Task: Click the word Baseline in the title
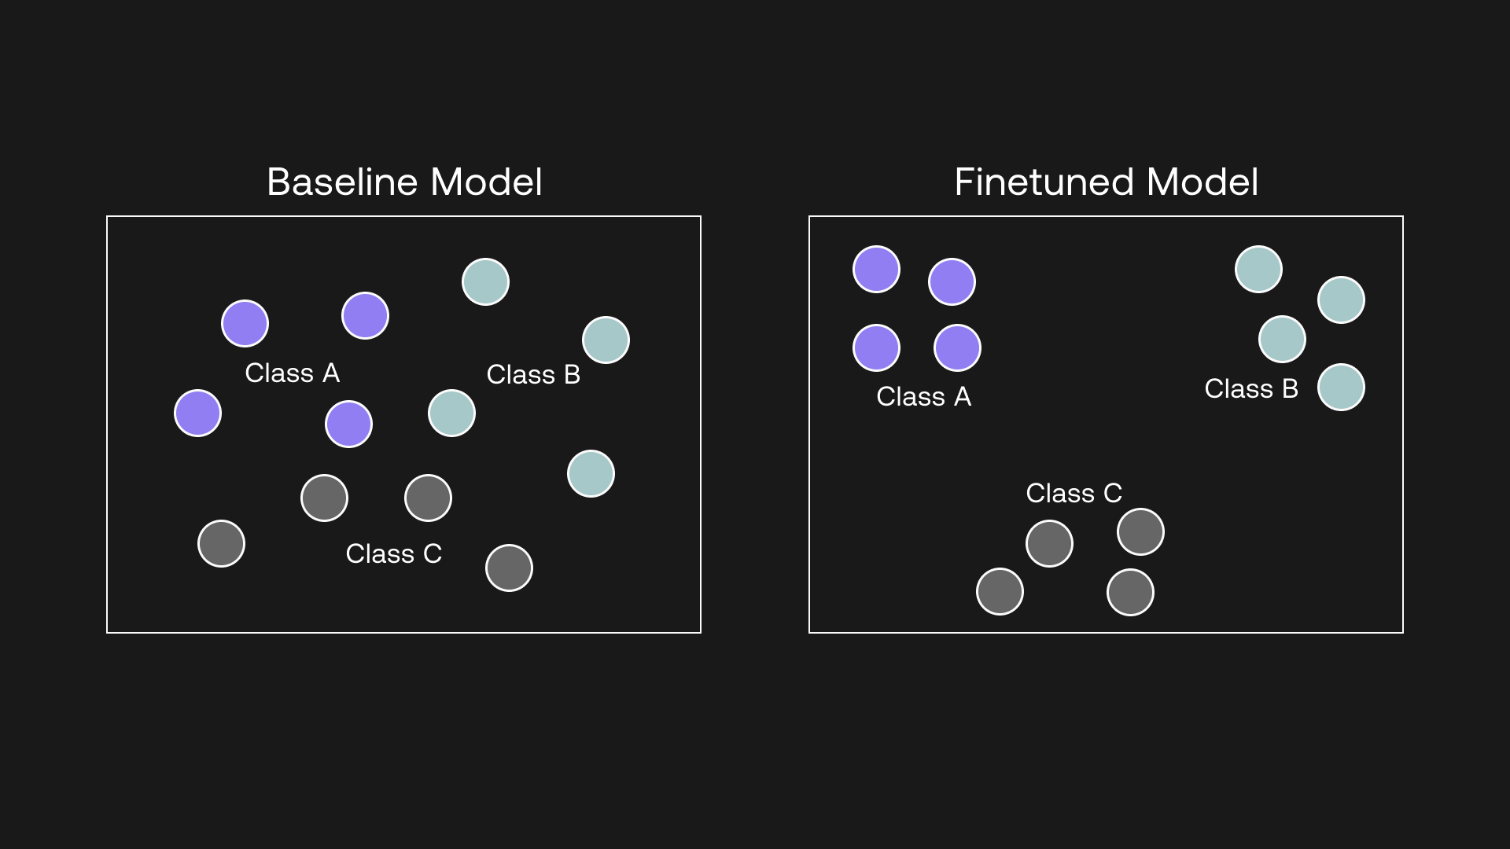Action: click(x=343, y=182)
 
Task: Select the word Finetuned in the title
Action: click(x=1044, y=182)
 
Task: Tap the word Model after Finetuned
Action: click(x=1202, y=182)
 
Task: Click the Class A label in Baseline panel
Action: click(x=293, y=373)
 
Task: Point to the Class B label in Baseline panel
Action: click(x=533, y=374)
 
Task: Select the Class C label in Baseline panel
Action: click(x=394, y=553)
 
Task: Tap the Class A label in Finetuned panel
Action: click(x=924, y=396)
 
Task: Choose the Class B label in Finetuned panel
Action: click(x=1251, y=388)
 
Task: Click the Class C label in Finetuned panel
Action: click(x=1074, y=493)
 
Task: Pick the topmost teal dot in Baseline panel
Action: click(x=485, y=281)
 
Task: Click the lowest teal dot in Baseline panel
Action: click(x=591, y=473)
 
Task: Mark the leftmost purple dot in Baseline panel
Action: click(x=197, y=413)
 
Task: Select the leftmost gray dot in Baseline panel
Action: click(x=221, y=543)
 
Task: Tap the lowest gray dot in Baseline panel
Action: click(x=509, y=568)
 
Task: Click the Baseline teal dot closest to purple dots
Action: click(x=451, y=413)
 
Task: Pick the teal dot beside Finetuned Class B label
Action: click(x=1341, y=387)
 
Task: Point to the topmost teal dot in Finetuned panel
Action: click(x=1258, y=269)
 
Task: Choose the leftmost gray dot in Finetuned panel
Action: click(x=1000, y=591)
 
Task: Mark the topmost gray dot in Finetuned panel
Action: click(x=1140, y=531)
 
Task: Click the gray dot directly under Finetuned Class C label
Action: click(x=1049, y=543)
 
